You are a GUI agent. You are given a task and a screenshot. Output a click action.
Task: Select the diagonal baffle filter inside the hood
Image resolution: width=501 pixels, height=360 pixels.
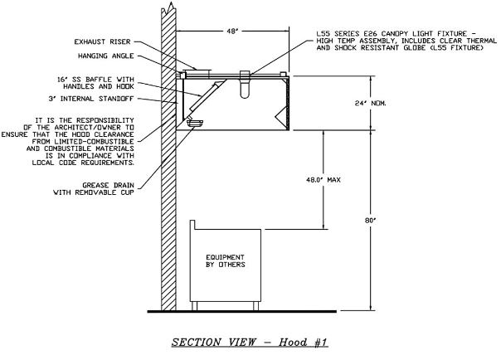click(x=203, y=100)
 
